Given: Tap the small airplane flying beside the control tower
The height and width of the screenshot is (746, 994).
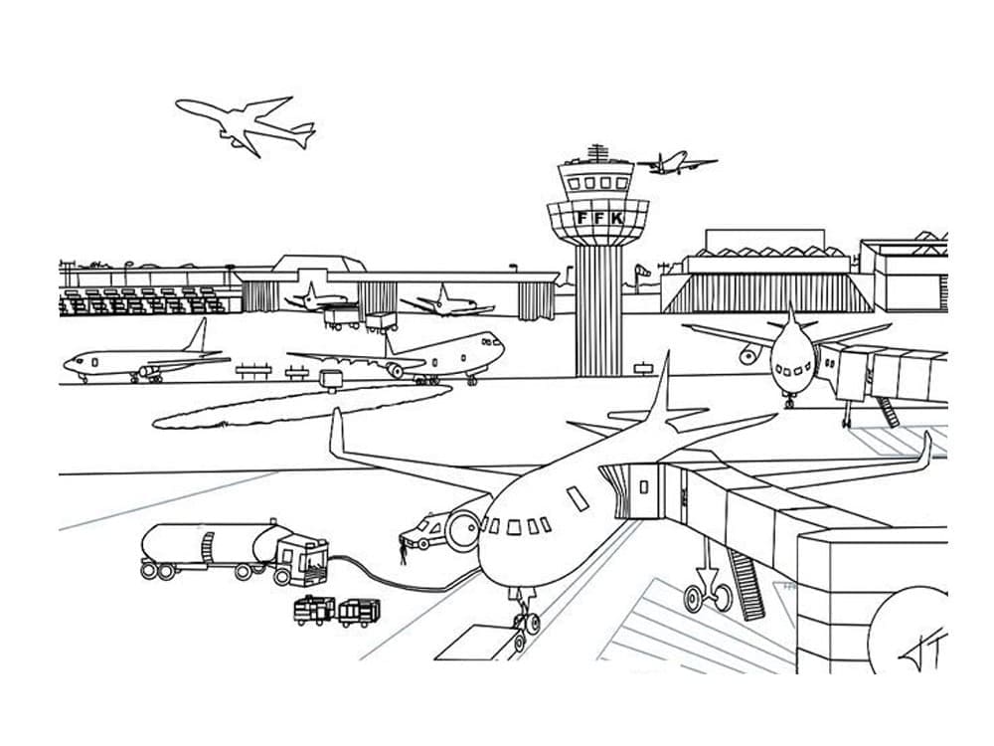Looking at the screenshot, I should (x=676, y=163).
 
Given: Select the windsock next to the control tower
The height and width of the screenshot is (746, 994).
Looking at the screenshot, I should (x=644, y=268).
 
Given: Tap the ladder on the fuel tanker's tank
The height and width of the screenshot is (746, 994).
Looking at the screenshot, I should (x=208, y=545).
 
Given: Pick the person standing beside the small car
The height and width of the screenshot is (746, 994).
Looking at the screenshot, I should (x=403, y=548).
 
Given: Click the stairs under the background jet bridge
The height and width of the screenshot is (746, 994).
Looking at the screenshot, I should (x=887, y=411).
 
